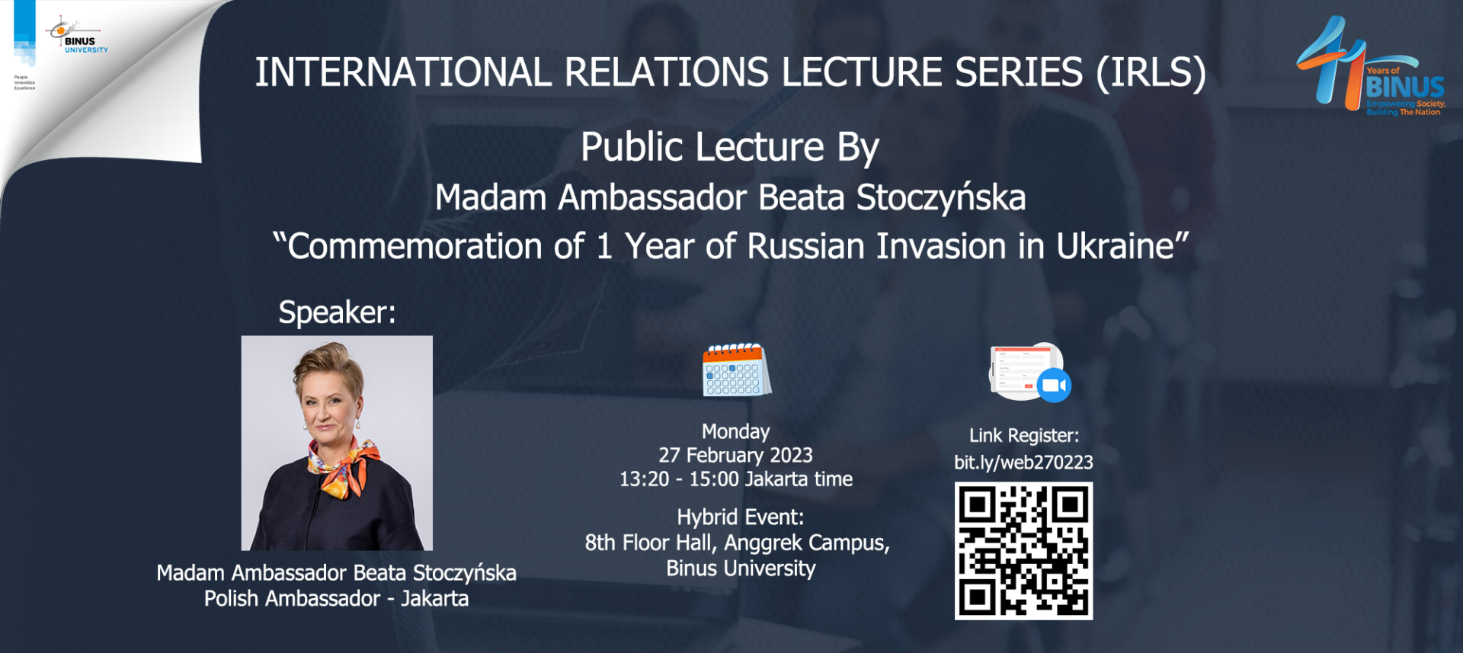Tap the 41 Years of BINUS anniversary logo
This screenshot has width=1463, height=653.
click(x=1371, y=66)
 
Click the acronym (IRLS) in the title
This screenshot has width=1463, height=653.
click(x=1151, y=73)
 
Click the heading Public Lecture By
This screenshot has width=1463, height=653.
click(x=730, y=148)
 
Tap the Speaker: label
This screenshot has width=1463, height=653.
click(x=338, y=312)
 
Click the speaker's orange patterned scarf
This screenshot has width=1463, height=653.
click(x=342, y=466)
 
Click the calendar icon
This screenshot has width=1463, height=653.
click(x=736, y=370)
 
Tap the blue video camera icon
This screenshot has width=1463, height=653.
click(x=1055, y=385)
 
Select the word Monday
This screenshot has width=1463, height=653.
click(x=736, y=431)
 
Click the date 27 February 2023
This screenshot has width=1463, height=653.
click(x=736, y=455)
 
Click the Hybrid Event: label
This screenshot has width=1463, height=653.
click(x=741, y=517)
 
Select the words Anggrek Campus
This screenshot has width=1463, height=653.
click(x=805, y=543)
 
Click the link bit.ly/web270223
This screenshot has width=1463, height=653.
click(x=1023, y=463)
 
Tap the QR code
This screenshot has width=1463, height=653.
click(x=1023, y=550)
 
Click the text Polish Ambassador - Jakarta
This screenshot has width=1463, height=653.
click(x=336, y=599)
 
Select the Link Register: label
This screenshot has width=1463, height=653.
click(x=1024, y=436)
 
